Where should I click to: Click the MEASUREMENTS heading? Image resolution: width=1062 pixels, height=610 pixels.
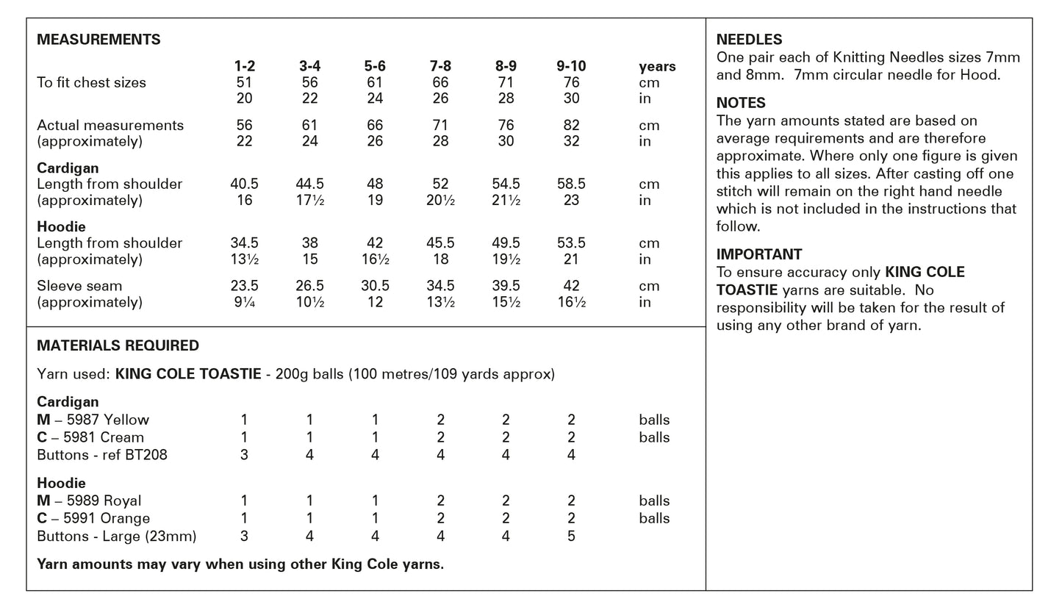point(98,40)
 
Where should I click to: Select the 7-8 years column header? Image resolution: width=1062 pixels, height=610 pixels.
point(440,66)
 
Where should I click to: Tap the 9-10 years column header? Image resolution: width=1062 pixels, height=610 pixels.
point(571,66)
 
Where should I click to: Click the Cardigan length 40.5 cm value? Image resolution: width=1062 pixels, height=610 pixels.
point(244,184)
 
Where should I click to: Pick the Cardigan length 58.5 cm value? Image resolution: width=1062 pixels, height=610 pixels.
point(571,184)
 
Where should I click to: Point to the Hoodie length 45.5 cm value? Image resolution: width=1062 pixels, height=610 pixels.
point(440,243)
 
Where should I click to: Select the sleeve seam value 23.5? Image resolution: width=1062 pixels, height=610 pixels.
point(244,285)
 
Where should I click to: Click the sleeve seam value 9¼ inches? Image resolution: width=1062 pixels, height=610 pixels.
point(244,302)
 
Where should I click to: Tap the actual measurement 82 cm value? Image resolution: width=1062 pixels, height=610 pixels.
point(571,125)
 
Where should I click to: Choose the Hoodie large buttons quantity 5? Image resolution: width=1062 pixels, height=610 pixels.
point(571,536)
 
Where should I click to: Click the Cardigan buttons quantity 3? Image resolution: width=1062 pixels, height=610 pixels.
point(244,455)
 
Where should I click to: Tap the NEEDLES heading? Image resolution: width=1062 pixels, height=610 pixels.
point(749,40)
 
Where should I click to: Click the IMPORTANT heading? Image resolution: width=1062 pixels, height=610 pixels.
point(759,254)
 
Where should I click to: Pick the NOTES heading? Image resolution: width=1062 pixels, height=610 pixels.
point(741,103)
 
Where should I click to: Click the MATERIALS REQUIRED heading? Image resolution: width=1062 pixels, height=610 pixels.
point(118,345)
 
